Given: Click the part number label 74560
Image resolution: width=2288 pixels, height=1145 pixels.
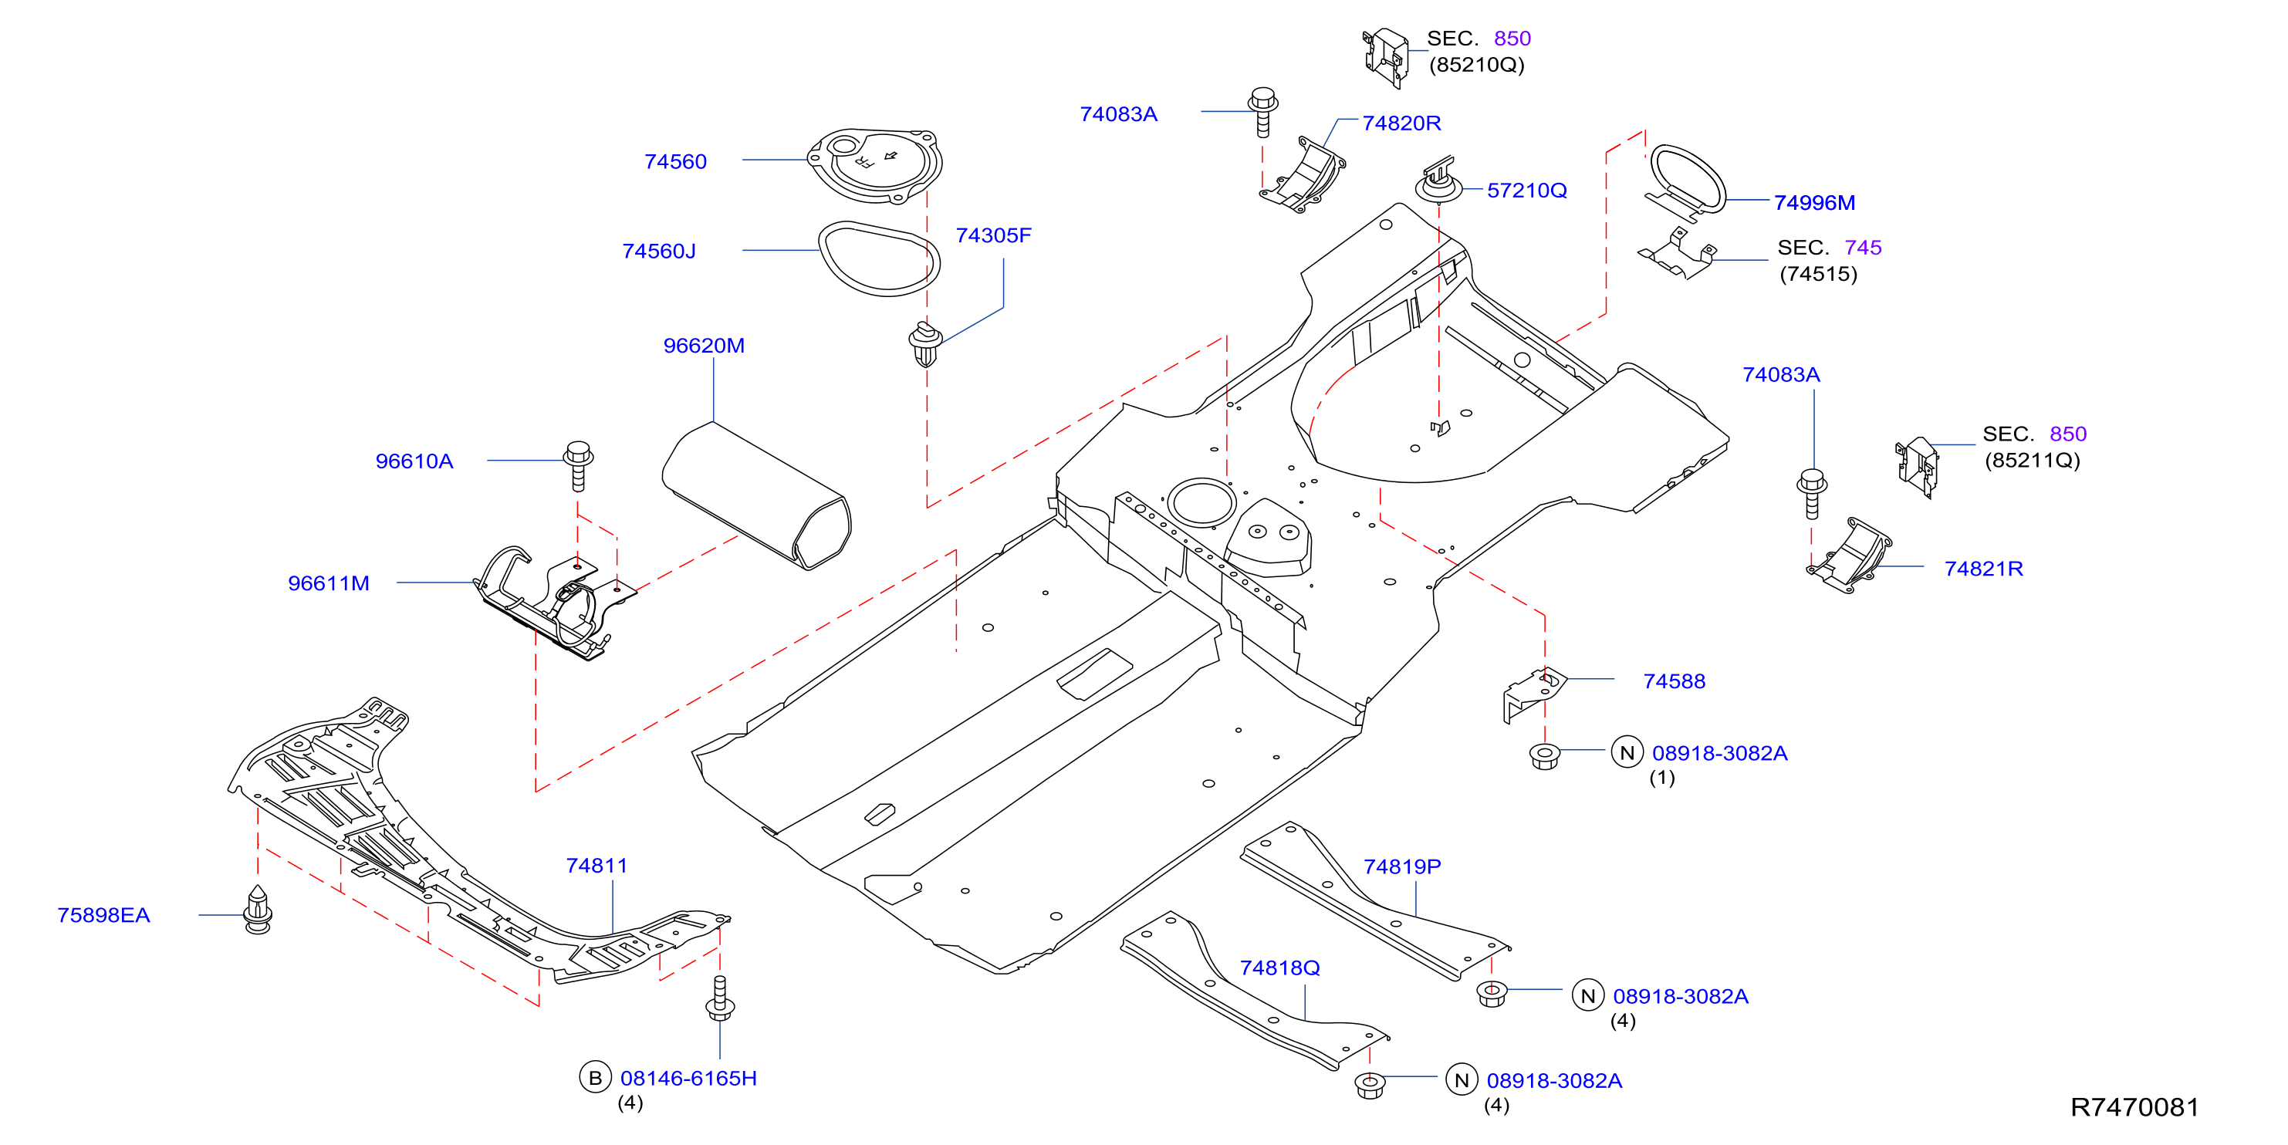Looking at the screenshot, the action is point(675,162).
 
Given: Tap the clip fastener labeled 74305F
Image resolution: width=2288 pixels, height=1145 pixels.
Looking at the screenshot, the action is point(925,345).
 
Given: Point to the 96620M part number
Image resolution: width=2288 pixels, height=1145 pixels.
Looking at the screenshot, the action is point(704,346).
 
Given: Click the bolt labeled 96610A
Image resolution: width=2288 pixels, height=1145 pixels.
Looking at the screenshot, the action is point(578,465).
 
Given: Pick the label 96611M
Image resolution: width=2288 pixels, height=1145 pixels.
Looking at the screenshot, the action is point(329,583).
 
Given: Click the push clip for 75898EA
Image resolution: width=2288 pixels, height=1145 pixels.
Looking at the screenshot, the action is point(258,910).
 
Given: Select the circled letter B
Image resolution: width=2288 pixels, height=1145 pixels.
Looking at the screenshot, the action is point(595,1078).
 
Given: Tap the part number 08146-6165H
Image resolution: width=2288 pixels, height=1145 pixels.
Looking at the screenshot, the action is point(688,1079).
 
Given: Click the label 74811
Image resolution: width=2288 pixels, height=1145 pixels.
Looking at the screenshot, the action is point(597,865).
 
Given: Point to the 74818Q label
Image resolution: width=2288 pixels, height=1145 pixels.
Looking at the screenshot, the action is point(1280,968).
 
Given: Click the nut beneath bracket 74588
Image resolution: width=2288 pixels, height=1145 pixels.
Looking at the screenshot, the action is point(1545,756).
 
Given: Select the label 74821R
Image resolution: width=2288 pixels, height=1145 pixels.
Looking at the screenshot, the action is point(1983,569).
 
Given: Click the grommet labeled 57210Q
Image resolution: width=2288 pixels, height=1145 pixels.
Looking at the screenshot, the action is point(1438,181).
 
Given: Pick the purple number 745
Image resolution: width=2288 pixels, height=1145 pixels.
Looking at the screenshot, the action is point(1863,248).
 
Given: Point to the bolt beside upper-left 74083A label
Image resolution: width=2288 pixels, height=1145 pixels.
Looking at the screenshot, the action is point(1263,111).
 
